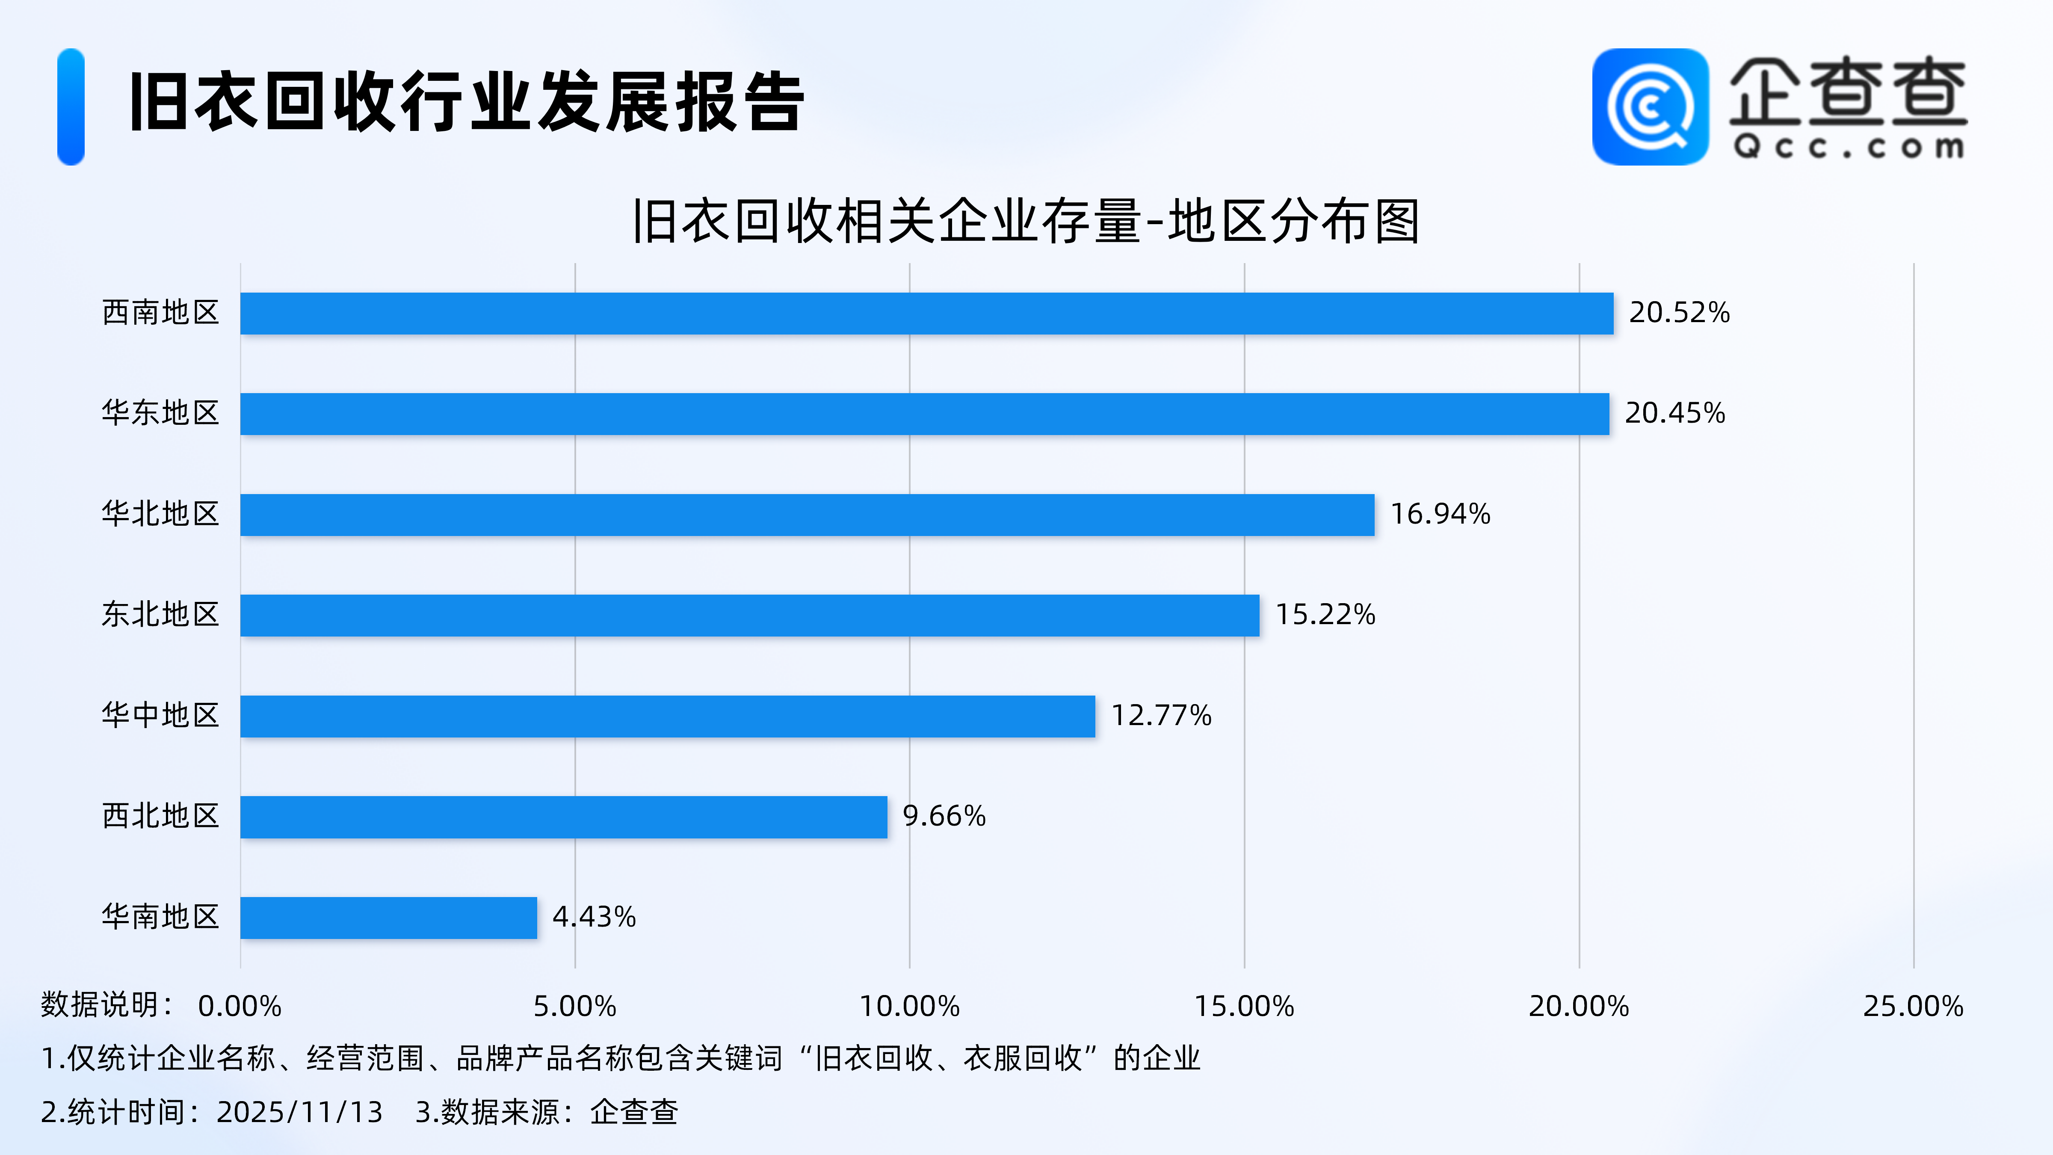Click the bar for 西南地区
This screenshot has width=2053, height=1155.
click(x=926, y=313)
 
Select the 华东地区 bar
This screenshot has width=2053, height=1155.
click(x=924, y=414)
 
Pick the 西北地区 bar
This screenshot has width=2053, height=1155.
click(x=563, y=817)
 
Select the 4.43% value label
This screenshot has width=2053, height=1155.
click(x=594, y=917)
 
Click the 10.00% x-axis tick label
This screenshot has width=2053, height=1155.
click(x=909, y=1007)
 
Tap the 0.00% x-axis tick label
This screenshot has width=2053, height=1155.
click(x=240, y=1007)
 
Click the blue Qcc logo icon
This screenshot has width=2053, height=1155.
click(x=1650, y=107)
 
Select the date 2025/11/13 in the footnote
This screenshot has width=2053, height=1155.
click(x=300, y=1112)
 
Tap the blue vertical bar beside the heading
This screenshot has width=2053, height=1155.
click(x=71, y=107)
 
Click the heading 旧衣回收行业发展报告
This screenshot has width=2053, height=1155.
click(x=466, y=102)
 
